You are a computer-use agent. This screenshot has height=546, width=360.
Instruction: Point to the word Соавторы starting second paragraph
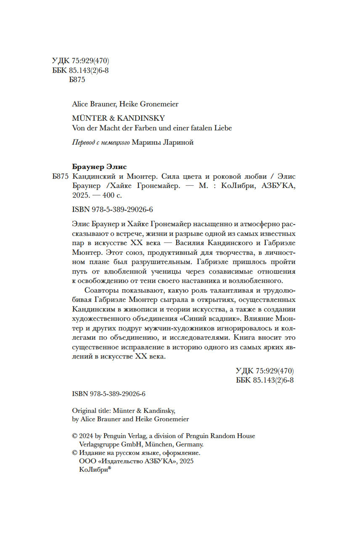click(101, 290)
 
